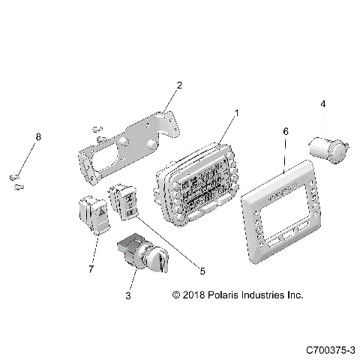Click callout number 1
236,113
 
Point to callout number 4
323,104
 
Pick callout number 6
285,131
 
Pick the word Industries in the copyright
265,295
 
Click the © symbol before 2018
176,295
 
